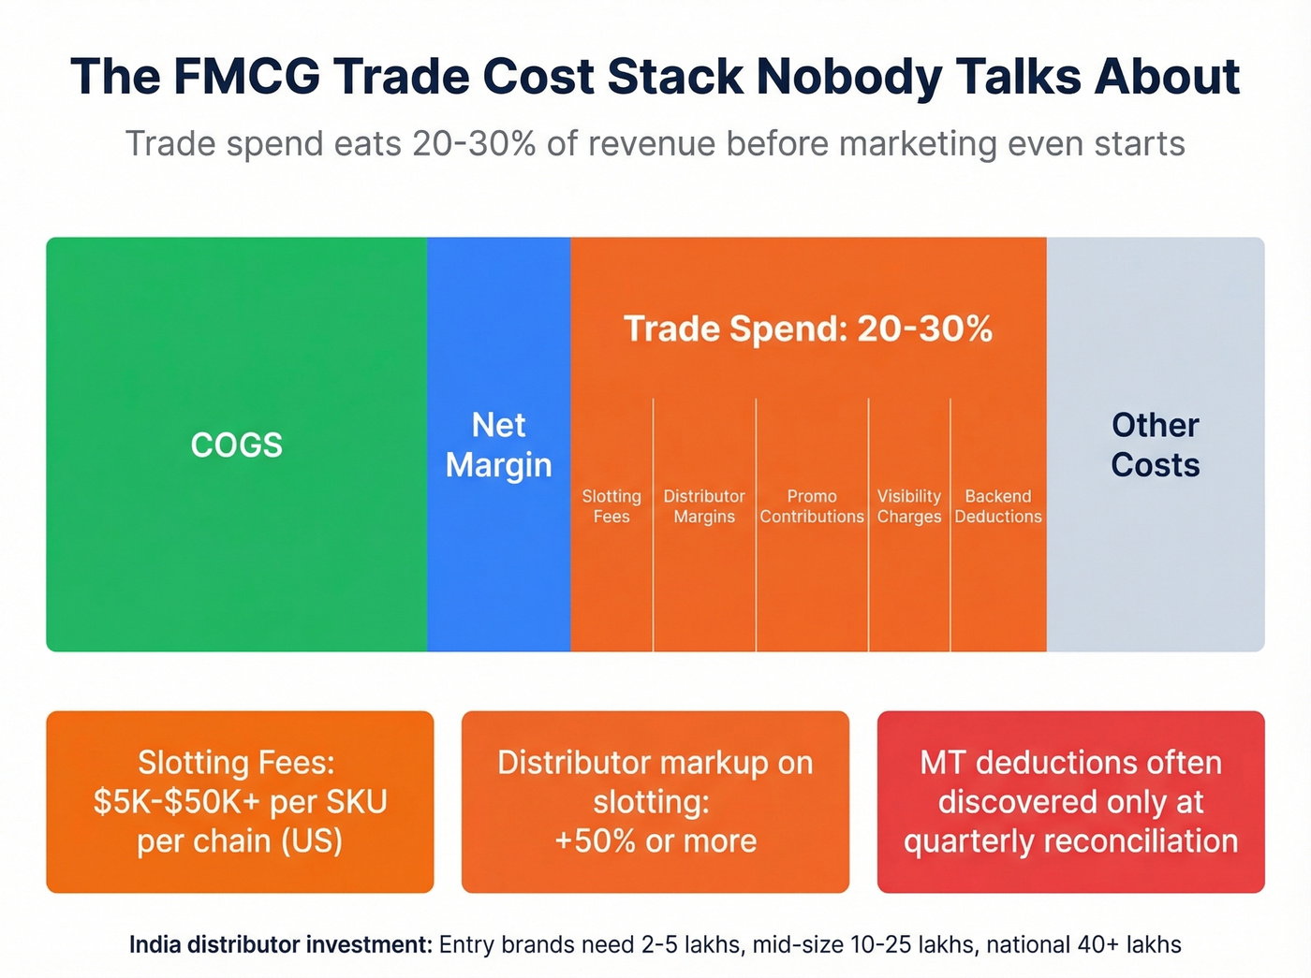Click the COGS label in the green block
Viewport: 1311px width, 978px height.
pyautogui.click(x=236, y=445)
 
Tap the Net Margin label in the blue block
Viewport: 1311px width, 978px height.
pyautogui.click(x=498, y=445)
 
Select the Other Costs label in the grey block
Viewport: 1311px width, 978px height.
pyautogui.click(x=1155, y=445)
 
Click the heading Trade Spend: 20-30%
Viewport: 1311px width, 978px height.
pyautogui.click(x=807, y=329)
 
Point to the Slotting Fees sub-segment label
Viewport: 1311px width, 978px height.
pyautogui.click(x=611, y=506)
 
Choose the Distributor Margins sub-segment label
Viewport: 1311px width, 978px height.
pyautogui.click(x=704, y=506)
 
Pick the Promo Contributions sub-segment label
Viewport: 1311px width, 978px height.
pyautogui.click(x=812, y=506)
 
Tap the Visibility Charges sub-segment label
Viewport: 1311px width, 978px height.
pyautogui.click(x=908, y=506)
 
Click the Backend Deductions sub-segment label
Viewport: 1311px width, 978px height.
pyautogui.click(x=998, y=506)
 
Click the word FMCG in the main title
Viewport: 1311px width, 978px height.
pyautogui.click(x=246, y=77)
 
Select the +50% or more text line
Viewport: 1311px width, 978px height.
pyautogui.click(x=655, y=841)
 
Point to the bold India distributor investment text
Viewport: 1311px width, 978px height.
pyautogui.click(x=280, y=945)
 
